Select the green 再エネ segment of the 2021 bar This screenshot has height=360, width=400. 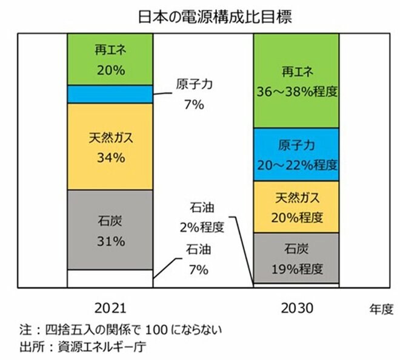tap(110, 59)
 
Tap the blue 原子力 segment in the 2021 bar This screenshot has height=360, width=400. tap(110, 95)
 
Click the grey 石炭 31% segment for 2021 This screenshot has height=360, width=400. tap(110, 230)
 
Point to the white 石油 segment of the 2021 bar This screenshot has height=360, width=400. tap(110, 278)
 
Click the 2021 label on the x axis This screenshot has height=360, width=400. tap(110, 308)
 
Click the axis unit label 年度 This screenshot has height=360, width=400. tap(381, 309)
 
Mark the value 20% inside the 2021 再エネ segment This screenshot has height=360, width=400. tap(110, 70)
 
